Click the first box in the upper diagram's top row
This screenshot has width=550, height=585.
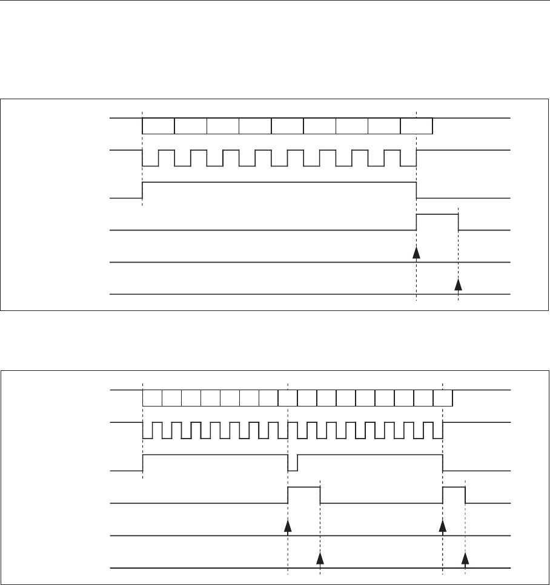[158, 126]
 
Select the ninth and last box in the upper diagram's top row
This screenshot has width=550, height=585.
[417, 126]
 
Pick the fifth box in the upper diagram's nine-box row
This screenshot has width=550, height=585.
[287, 126]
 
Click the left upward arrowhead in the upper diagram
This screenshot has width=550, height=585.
[416, 253]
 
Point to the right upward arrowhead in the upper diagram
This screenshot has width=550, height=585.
[459, 285]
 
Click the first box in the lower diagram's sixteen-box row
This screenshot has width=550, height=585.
[152, 397]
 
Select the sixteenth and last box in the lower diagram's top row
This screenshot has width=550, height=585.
[443, 397]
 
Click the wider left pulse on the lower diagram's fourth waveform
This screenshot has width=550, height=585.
[303, 494]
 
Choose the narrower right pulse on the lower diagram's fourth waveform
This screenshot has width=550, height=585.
[454, 494]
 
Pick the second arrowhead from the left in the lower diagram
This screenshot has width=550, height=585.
[320, 557]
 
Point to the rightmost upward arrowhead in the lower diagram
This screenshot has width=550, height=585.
[465, 557]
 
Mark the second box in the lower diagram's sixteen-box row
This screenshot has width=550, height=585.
[172, 397]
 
